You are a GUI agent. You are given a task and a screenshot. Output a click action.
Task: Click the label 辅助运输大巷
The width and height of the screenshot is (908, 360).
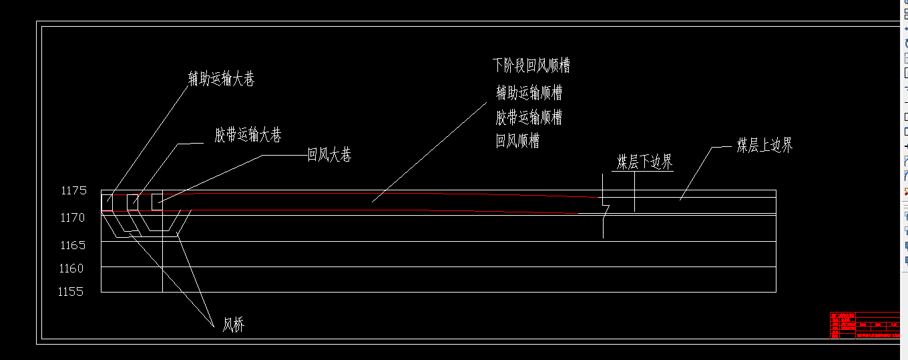pyautogui.click(x=221, y=79)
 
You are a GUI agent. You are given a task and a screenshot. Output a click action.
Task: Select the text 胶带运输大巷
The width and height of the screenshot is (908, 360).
pyautogui.click(x=248, y=136)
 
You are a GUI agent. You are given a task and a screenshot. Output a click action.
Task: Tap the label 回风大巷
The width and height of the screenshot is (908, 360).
pyautogui.click(x=329, y=156)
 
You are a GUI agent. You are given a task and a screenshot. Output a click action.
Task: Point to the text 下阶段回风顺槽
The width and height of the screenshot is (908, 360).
pyautogui.click(x=531, y=65)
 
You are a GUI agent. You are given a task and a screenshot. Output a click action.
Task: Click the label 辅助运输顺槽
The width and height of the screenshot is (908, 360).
pyautogui.click(x=529, y=92)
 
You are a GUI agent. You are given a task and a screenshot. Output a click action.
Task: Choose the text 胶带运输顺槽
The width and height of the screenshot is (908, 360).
pyautogui.click(x=529, y=118)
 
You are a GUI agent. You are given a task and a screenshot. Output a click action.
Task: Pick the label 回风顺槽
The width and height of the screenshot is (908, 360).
pyautogui.click(x=517, y=142)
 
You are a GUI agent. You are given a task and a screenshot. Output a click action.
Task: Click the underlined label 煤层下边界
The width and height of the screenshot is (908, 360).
pyautogui.click(x=644, y=162)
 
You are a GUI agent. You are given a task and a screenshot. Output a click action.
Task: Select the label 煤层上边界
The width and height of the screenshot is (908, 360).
pyautogui.click(x=764, y=146)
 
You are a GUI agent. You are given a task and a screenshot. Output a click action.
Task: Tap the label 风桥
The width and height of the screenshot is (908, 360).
pyautogui.click(x=233, y=325)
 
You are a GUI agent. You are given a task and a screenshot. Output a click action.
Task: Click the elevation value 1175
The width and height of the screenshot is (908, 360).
pyautogui.click(x=73, y=191)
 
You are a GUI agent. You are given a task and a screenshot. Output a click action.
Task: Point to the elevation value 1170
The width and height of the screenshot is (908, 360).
pyautogui.click(x=73, y=218)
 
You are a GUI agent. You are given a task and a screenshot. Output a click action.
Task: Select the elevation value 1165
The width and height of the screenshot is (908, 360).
pyautogui.click(x=73, y=245)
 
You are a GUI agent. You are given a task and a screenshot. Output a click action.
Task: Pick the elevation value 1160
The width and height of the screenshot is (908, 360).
pyautogui.click(x=73, y=268)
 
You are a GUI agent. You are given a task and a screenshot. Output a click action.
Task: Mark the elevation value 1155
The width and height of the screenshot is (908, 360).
pyautogui.click(x=71, y=292)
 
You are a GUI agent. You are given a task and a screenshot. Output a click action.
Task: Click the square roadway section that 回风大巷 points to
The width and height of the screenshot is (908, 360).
pyautogui.click(x=157, y=202)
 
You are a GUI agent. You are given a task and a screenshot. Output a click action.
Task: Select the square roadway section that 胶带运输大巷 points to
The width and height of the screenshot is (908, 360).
pyautogui.click(x=132, y=202)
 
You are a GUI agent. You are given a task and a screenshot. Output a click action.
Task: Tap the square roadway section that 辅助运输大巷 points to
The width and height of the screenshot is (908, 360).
pyautogui.click(x=107, y=202)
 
